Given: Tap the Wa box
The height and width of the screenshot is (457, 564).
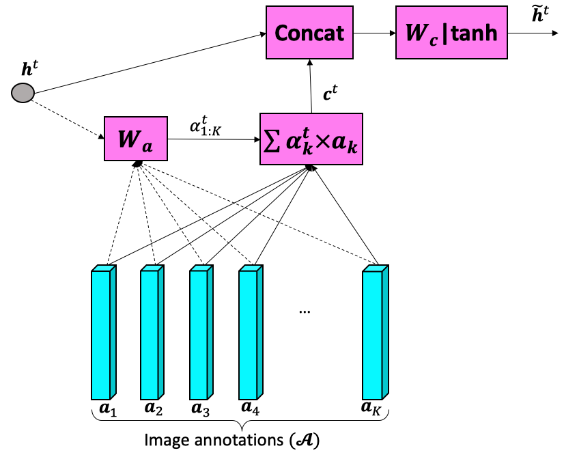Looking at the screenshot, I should click(x=135, y=139).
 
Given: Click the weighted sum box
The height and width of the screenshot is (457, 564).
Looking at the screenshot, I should click(x=311, y=139).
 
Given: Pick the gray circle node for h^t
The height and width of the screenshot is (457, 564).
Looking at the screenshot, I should click(x=23, y=93).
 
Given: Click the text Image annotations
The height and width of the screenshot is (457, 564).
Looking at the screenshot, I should click(x=231, y=439).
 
